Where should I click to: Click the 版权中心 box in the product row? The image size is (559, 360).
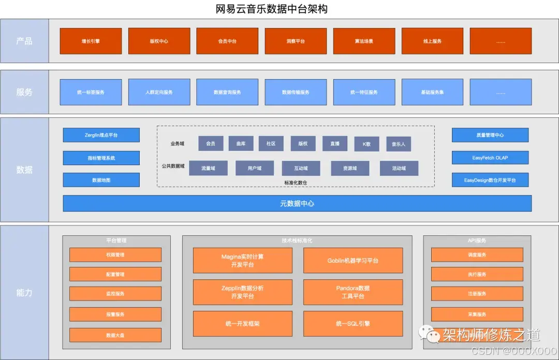point(159,41)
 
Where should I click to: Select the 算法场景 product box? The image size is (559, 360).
point(364,41)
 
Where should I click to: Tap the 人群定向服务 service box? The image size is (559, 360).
point(159,92)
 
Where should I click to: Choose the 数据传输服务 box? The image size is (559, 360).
point(296,92)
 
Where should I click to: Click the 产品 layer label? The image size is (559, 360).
point(24,41)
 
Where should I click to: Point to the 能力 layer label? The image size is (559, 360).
point(24,292)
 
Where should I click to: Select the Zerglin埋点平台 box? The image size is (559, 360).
point(101,135)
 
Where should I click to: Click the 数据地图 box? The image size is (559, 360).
point(101,180)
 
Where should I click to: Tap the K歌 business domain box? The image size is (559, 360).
point(366,144)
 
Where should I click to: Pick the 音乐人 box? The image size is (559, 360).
point(399,144)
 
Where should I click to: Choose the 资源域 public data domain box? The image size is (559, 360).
point(350,168)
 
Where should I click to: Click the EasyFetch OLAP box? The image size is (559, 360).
point(490,158)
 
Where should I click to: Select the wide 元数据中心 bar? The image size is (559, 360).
point(297,203)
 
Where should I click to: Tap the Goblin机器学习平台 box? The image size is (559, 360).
point(352,260)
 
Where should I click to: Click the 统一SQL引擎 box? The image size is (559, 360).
point(352,324)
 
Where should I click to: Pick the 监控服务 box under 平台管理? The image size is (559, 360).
point(115,294)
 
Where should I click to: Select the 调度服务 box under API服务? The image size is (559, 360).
point(477,254)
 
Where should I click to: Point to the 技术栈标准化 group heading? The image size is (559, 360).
point(297,241)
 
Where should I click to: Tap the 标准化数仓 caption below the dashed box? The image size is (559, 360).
point(296,183)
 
